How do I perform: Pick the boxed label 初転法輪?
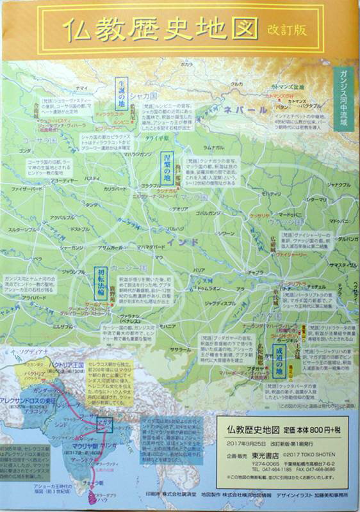(100, 282)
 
